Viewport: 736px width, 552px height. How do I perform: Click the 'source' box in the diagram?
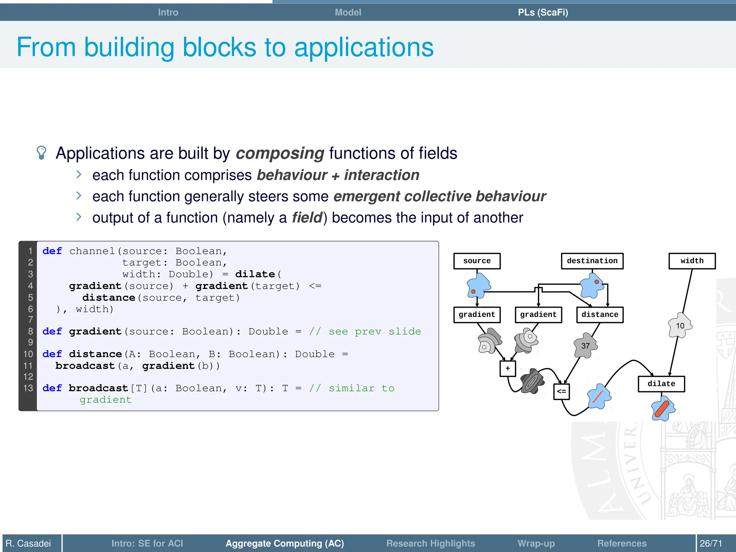tap(477, 261)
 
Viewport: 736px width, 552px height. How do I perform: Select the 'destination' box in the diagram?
tap(592, 261)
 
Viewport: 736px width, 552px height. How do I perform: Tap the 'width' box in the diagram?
tap(692, 261)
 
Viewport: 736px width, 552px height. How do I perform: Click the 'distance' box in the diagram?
tap(599, 315)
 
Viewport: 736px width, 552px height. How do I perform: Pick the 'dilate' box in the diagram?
tap(661, 384)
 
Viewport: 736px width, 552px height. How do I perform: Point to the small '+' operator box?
tap(507, 368)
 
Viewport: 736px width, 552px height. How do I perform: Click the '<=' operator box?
tap(561, 391)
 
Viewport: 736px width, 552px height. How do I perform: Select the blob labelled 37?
tap(585, 346)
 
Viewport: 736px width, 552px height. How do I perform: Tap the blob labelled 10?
tap(680, 326)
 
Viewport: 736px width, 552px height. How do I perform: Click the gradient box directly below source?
tap(477, 315)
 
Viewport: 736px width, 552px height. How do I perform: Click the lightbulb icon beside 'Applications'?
tap(42, 153)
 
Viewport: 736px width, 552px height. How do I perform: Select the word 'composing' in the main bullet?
tap(280, 153)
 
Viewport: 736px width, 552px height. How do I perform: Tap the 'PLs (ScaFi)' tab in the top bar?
tap(543, 12)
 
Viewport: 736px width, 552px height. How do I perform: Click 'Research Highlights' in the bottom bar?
tap(431, 543)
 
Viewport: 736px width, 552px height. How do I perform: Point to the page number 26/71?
tap(711, 543)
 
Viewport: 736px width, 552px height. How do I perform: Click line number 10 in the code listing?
tap(28, 354)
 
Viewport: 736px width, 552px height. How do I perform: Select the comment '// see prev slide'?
tap(365, 331)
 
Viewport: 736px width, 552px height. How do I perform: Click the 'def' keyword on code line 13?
tap(52, 388)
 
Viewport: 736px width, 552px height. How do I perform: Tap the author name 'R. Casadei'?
tap(28, 543)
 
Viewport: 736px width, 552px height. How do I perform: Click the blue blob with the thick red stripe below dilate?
tap(663, 408)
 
